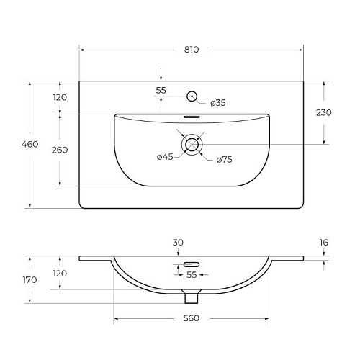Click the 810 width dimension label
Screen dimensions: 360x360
[x=192, y=50]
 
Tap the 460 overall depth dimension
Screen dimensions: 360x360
[x=30, y=144]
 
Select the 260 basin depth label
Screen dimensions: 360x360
[x=60, y=150]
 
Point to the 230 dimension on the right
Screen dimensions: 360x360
[x=324, y=112]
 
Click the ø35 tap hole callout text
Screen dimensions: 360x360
[x=218, y=103]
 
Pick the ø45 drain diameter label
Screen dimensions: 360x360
[x=165, y=157]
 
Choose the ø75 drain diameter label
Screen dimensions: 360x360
[x=224, y=160]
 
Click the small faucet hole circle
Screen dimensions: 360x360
[x=192, y=96]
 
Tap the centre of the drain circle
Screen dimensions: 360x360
[x=192, y=145]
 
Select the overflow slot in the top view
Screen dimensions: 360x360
[x=192, y=117]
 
